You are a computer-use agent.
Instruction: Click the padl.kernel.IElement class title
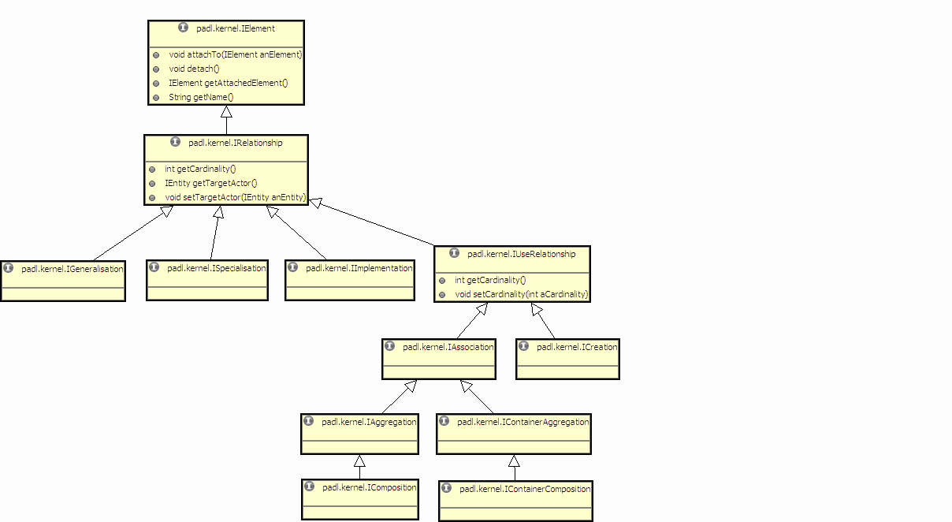click(x=236, y=28)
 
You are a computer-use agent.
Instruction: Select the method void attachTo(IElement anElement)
click(x=236, y=55)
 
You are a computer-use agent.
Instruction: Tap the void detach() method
click(x=194, y=69)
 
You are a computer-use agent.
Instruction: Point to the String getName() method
click(x=201, y=98)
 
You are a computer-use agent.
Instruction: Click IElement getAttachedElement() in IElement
click(x=228, y=84)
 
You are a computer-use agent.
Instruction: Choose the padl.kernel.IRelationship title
click(x=235, y=144)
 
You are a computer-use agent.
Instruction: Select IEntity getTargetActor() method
click(x=210, y=184)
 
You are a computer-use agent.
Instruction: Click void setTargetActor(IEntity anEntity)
click(x=235, y=198)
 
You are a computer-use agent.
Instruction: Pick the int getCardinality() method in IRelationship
click(x=200, y=170)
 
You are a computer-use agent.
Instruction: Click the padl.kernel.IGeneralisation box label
click(x=73, y=269)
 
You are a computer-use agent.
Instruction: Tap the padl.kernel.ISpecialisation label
click(x=217, y=268)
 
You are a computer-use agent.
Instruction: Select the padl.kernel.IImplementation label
click(x=359, y=268)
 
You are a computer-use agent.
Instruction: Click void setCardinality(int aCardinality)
click(x=521, y=295)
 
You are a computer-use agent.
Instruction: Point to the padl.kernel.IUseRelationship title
click(x=521, y=255)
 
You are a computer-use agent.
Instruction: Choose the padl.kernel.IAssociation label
click(x=448, y=347)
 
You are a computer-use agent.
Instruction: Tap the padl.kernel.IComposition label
click(x=369, y=487)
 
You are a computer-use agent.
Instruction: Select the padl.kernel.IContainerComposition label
click(x=525, y=489)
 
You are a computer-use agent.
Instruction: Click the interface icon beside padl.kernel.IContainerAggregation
click(x=444, y=422)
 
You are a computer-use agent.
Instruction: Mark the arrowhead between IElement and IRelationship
click(x=226, y=112)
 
